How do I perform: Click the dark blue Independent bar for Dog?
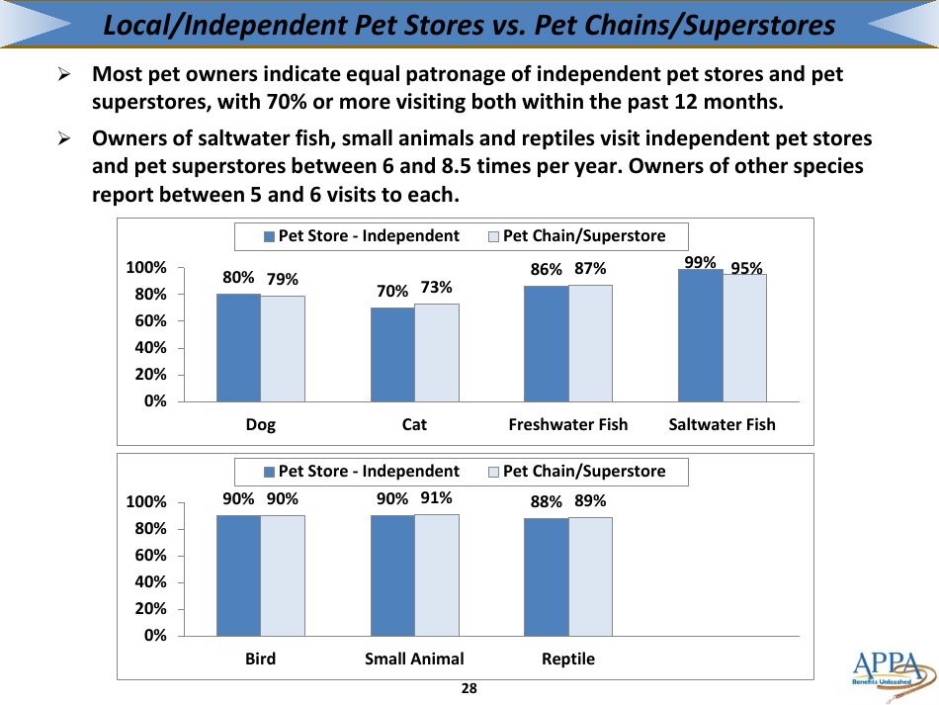click(x=238, y=347)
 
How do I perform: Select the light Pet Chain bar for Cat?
click(x=436, y=352)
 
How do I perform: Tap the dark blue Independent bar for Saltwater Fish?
click(x=700, y=335)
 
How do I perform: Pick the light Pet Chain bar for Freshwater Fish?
click(x=590, y=343)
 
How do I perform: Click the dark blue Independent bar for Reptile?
click(x=546, y=577)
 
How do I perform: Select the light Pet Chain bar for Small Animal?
click(x=436, y=575)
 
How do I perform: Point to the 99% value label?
click(x=700, y=262)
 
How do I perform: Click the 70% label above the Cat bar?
click(x=392, y=291)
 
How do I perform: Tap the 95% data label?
click(x=746, y=268)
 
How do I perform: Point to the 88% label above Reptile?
click(x=546, y=502)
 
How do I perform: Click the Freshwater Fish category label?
click(x=567, y=425)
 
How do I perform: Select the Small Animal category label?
click(x=414, y=660)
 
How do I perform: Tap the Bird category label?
click(x=260, y=660)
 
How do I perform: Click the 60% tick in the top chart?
click(x=151, y=321)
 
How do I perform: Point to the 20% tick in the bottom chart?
click(x=151, y=609)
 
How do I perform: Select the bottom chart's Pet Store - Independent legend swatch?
click(x=269, y=473)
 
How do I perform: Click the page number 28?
click(x=469, y=689)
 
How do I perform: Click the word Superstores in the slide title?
click(x=752, y=26)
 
